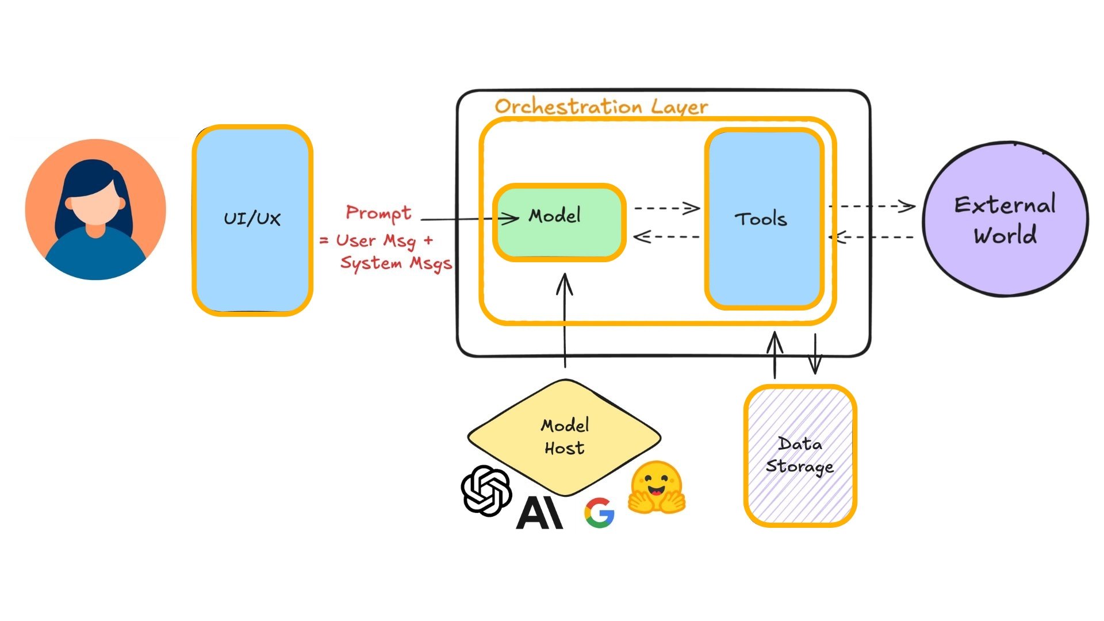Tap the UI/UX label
click(x=252, y=218)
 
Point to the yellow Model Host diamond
click(x=564, y=437)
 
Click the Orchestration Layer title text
click(x=601, y=106)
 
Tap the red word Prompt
click(x=378, y=213)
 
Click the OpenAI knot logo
click(x=486, y=490)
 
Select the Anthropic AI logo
click(x=539, y=513)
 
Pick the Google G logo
click(x=599, y=513)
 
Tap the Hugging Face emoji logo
click(x=656, y=488)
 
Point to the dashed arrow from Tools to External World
click(x=871, y=206)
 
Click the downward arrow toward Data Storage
click(x=815, y=353)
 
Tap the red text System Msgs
click(x=396, y=263)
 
